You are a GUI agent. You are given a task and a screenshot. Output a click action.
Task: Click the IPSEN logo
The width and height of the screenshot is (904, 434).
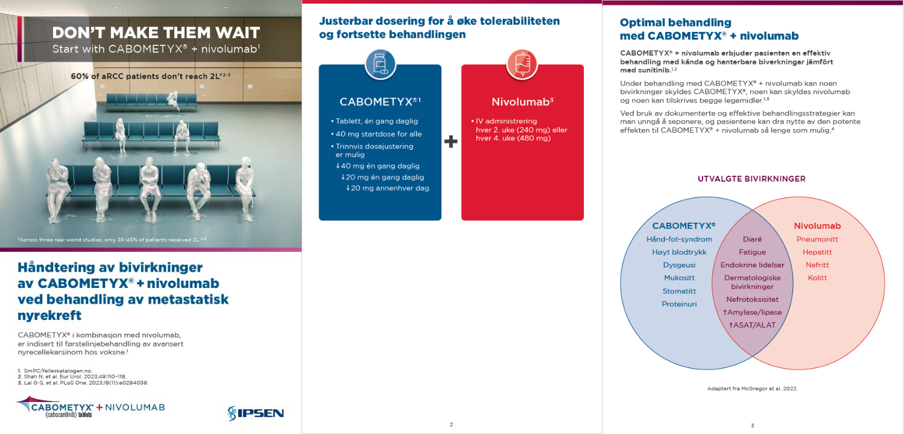click(256, 413)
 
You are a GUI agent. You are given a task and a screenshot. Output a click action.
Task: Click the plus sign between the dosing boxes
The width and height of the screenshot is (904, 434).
click(451, 142)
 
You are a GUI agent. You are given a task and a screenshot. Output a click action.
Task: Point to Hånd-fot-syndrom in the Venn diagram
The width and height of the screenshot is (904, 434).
click(679, 240)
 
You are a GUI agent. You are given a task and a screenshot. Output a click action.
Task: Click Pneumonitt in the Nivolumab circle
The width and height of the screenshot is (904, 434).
click(817, 240)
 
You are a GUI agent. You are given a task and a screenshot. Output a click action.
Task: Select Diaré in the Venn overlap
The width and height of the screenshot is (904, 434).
click(752, 240)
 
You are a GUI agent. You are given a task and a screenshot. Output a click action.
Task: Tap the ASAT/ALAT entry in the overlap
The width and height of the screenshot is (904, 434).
click(752, 325)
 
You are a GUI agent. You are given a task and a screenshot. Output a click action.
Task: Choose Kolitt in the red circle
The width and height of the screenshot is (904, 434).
click(817, 278)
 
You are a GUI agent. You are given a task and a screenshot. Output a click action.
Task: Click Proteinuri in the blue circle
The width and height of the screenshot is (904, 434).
click(679, 304)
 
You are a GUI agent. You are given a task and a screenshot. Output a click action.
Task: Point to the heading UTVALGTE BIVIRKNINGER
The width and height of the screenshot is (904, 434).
click(751, 179)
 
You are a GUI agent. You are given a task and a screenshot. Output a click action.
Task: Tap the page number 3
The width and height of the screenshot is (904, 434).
click(752, 426)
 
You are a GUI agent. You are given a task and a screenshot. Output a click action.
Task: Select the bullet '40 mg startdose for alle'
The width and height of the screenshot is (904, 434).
click(377, 134)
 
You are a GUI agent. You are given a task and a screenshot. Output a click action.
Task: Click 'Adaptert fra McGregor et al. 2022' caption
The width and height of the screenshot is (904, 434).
click(752, 389)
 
